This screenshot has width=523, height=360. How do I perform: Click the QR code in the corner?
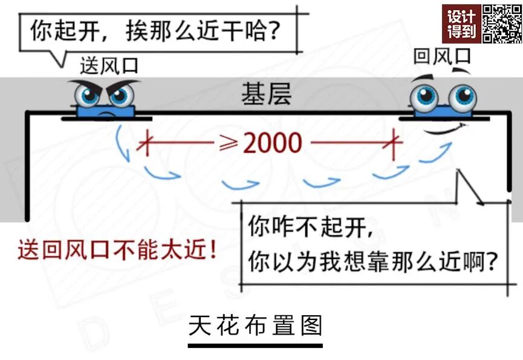point(502,23)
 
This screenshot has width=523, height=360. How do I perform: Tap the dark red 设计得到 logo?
point(461,24)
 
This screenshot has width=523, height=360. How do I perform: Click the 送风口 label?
point(109,65)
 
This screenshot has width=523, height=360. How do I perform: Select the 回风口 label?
point(442,57)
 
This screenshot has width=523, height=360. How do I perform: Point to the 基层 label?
point(266,94)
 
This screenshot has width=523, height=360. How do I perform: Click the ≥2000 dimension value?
point(266,143)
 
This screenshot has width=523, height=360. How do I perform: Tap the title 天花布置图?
point(255,326)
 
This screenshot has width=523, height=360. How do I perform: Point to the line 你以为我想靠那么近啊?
point(372,261)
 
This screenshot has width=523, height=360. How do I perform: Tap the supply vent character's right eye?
point(121,95)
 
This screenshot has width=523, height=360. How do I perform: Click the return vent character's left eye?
point(427,96)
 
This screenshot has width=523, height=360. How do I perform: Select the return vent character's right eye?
point(464,96)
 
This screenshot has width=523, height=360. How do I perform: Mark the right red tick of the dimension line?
point(394,144)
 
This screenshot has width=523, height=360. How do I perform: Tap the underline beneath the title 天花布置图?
point(255,345)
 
